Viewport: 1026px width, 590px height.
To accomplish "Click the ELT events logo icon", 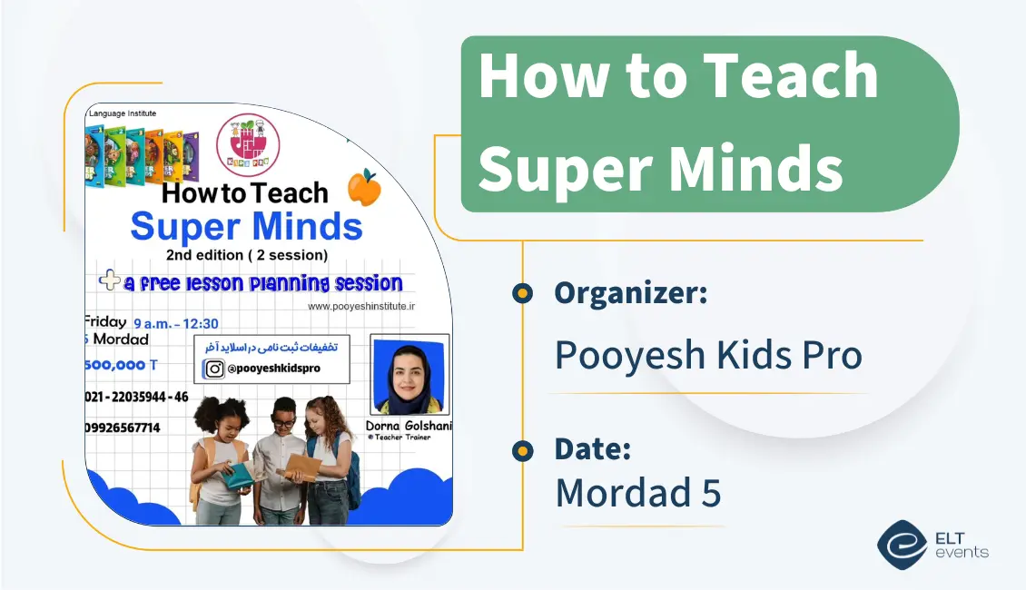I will [902, 544].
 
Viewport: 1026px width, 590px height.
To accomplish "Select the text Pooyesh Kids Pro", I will [707, 355].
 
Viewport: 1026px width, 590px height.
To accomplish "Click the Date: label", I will [593, 448].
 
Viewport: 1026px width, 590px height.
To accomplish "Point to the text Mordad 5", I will [637, 493].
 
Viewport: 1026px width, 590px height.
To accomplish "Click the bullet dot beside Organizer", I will [522, 293].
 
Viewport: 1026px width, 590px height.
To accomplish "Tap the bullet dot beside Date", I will [522, 449].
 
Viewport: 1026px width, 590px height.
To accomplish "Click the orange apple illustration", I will [364, 188].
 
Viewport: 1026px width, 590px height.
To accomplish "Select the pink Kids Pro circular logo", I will [248, 145].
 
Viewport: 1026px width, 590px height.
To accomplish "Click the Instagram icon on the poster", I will [214, 369].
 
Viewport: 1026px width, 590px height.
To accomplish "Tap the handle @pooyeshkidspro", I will [275, 369].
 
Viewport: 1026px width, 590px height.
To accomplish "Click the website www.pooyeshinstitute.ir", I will [360, 307].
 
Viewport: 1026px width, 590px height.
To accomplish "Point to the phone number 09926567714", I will [123, 428].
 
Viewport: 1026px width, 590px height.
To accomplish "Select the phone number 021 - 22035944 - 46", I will [136, 397].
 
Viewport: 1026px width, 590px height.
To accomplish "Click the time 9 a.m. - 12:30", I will [175, 323].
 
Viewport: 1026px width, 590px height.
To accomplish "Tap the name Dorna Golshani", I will [409, 426].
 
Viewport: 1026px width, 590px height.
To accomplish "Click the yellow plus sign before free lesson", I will [110, 281].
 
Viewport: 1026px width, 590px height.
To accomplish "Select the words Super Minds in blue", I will [246, 226].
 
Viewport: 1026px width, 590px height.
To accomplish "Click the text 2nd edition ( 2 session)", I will [246, 255].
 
